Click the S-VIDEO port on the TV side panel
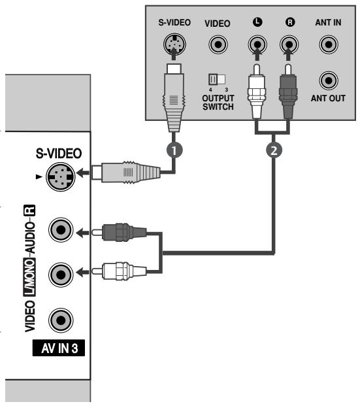click(x=59, y=174)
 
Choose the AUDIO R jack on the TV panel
click(x=59, y=231)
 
